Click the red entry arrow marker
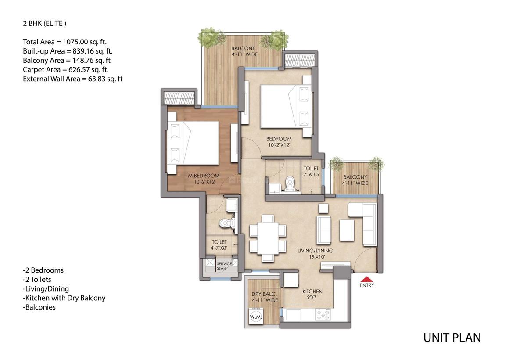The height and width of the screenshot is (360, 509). pyautogui.click(x=367, y=279)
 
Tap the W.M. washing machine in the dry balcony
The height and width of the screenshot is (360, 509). pyautogui.click(x=255, y=316)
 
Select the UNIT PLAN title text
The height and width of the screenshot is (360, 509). pyautogui.click(x=452, y=338)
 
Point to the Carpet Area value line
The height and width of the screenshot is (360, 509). pyautogui.click(x=66, y=69)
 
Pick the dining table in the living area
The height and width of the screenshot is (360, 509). pyautogui.click(x=267, y=238)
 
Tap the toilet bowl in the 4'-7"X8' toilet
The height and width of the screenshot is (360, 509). pyautogui.click(x=226, y=223)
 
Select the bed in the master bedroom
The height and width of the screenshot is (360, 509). pyautogui.click(x=194, y=143)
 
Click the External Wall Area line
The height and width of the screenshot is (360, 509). pyautogui.click(x=72, y=79)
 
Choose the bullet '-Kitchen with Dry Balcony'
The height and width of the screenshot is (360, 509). pyautogui.click(x=64, y=298)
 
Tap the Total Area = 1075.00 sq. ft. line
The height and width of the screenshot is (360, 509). pyautogui.click(x=65, y=42)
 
